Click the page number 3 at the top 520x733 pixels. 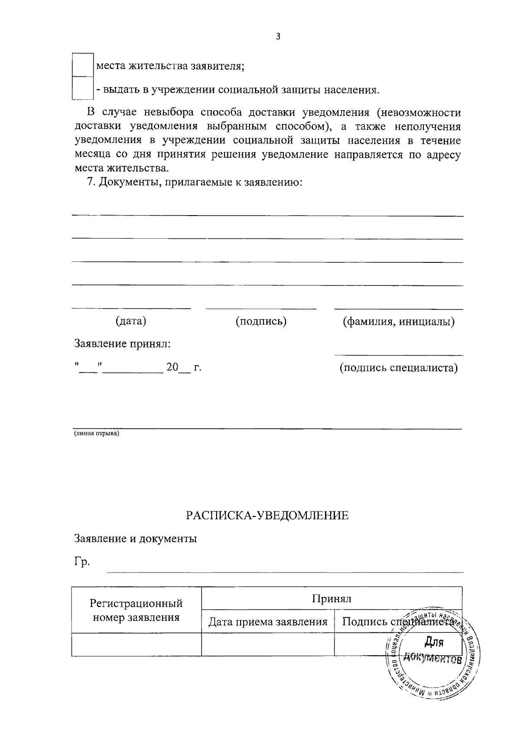[278, 37]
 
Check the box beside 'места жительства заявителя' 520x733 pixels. [82, 65]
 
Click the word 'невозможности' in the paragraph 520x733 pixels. [419, 113]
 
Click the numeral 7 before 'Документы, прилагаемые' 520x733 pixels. [90, 182]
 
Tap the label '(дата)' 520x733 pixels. [131, 321]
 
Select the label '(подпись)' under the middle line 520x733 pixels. [261, 321]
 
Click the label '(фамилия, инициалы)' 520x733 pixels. [399, 322]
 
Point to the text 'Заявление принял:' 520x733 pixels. [123, 344]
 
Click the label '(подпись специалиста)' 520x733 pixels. [398, 368]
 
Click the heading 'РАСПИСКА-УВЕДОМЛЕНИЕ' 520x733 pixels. [267, 516]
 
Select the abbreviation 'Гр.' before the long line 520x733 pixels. [82, 562]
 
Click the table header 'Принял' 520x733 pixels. [331, 599]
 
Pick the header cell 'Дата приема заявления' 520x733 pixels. [268, 622]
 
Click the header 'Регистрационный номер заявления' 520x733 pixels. [136, 610]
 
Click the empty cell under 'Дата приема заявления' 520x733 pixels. [268, 644]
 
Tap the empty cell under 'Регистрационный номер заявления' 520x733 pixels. [136, 644]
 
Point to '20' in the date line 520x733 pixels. [172, 368]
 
